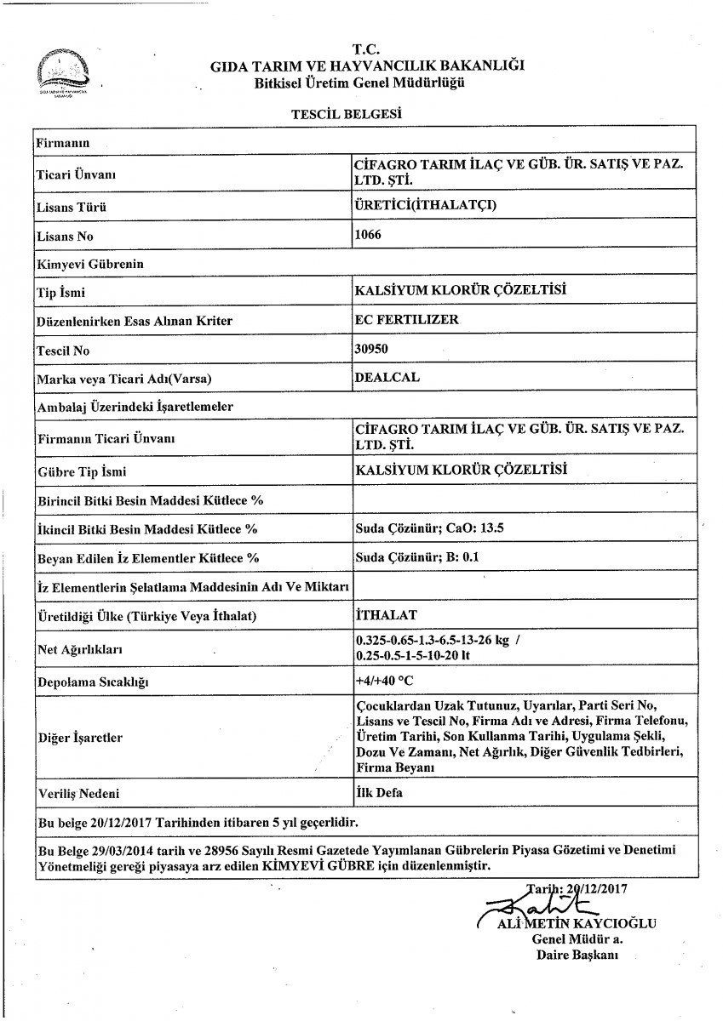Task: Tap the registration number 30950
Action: coord(369,348)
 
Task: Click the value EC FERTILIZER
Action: coord(405,319)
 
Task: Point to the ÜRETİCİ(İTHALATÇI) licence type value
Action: coord(424,205)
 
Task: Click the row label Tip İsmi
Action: coord(62,293)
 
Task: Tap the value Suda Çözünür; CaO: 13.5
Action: coord(429,528)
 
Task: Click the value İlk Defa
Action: coord(378,792)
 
